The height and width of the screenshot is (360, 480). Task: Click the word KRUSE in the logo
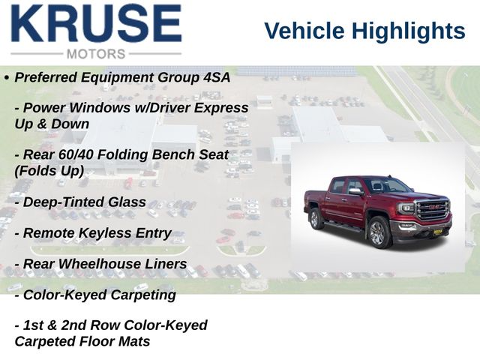tap(97, 23)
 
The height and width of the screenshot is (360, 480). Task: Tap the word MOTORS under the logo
tap(96, 54)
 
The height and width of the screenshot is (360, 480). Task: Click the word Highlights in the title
tap(409, 31)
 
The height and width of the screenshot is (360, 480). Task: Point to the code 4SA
tap(217, 77)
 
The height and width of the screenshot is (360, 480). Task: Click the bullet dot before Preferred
tap(7, 78)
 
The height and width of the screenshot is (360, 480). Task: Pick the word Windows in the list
tap(99, 108)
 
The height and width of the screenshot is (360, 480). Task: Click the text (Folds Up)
tap(49, 171)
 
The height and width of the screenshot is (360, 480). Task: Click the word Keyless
tap(105, 233)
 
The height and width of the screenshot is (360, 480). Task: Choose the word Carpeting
tap(143, 295)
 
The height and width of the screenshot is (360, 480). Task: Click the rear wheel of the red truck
tap(316, 218)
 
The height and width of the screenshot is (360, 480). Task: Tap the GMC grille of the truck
tap(433, 209)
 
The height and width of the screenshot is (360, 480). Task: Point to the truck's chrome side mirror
tap(356, 192)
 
